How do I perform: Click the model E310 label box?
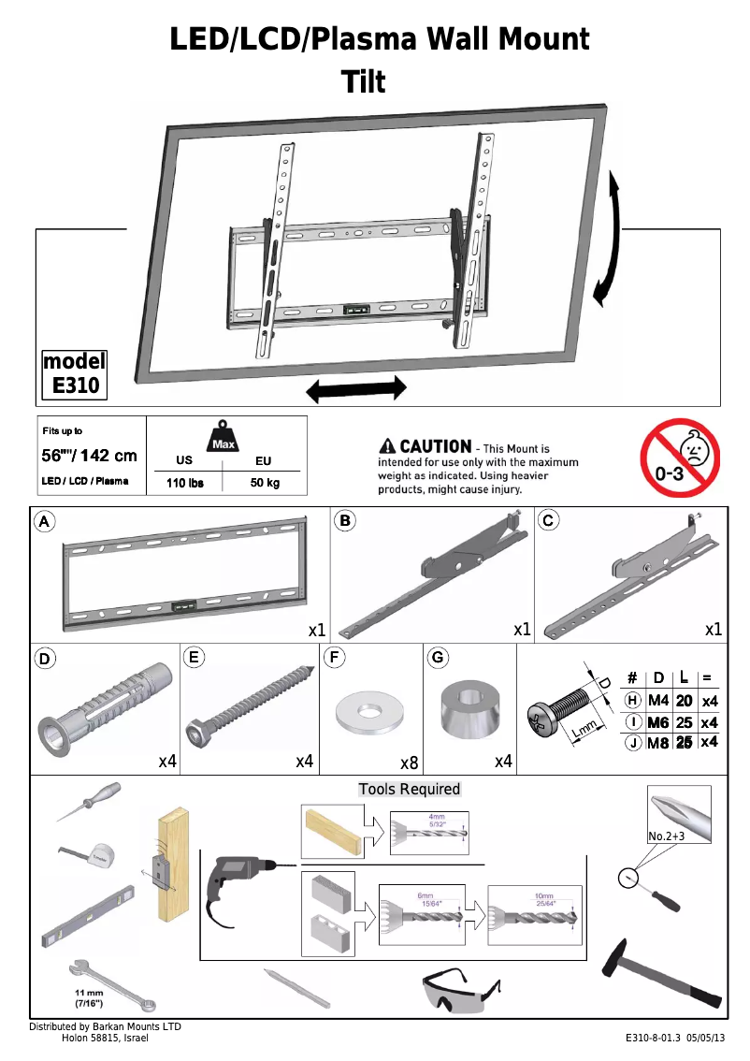tap(75, 373)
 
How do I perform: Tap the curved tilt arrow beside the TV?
tap(610, 238)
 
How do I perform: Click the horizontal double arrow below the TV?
tap(356, 389)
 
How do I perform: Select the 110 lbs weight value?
tap(184, 483)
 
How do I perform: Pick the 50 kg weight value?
tap(264, 483)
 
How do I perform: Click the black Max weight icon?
tap(223, 437)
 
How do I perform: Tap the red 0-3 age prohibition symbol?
tap(680, 458)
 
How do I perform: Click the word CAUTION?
tap(435, 447)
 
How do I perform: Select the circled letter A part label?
tap(44, 521)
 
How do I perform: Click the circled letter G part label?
tap(437, 657)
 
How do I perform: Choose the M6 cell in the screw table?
tap(658, 722)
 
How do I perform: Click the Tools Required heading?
tap(410, 789)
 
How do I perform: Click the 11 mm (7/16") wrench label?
tap(90, 997)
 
